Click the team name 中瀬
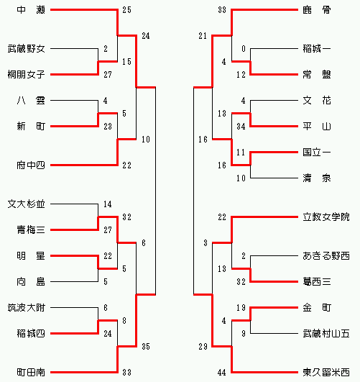coord(31,10)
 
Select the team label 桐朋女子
coord(27,75)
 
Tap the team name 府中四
coord(31,165)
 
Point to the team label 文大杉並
coord(27,204)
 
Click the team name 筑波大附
coord(27,308)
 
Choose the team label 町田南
coord(31,372)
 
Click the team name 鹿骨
coord(317,10)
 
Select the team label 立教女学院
coord(326,217)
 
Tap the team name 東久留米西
coord(326,372)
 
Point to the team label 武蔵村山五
coord(326,334)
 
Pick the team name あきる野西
coord(326,256)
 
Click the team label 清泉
coord(317,178)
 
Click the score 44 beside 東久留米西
coord(222,373)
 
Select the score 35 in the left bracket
coord(146,347)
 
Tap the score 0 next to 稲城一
coord(244,49)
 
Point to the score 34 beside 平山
coord(241,127)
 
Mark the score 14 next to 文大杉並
coord(108,204)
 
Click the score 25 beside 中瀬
coord(126,10)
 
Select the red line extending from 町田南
coord(84,372)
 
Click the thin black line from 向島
coord(74,282)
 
